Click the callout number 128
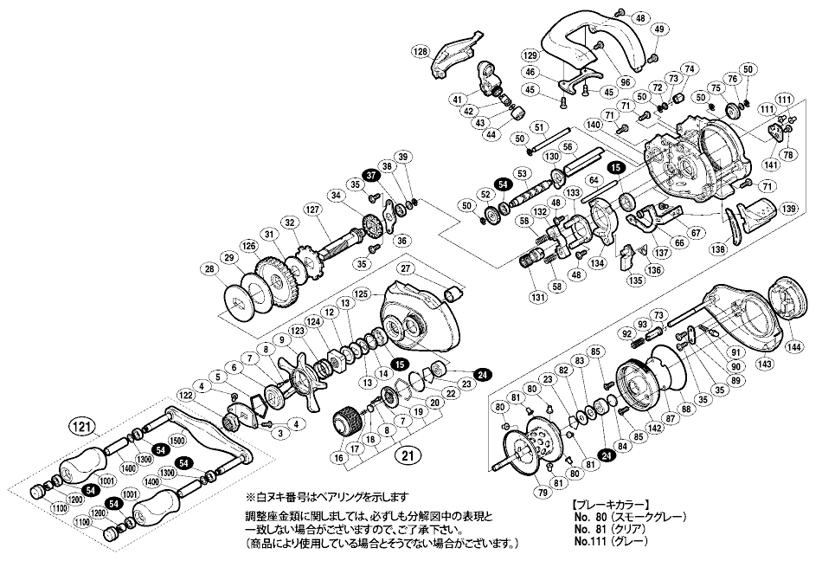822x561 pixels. pyautogui.click(x=421, y=52)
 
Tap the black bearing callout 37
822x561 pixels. pyautogui.click(x=370, y=175)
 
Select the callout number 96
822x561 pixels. pyautogui.click(x=600, y=83)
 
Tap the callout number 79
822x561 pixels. pyautogui.click(x=518, y=495)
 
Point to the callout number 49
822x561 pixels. pyautogui.click(x=658, y=30)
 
